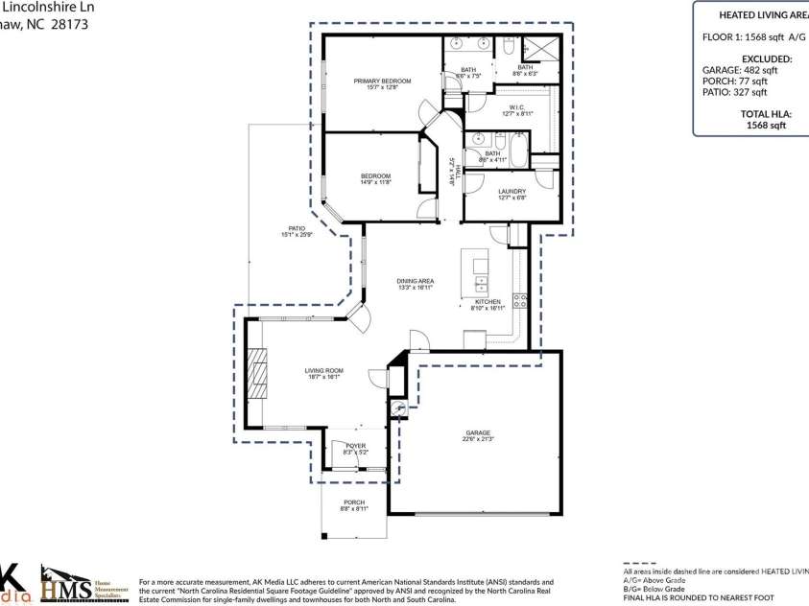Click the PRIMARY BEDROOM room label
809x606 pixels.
[382, 81]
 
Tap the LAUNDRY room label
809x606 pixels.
[512, 191]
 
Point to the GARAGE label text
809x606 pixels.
[478, 432]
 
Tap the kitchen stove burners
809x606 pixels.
[520, 301]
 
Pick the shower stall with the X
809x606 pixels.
[539, 49]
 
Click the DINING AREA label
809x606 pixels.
[416, 280]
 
